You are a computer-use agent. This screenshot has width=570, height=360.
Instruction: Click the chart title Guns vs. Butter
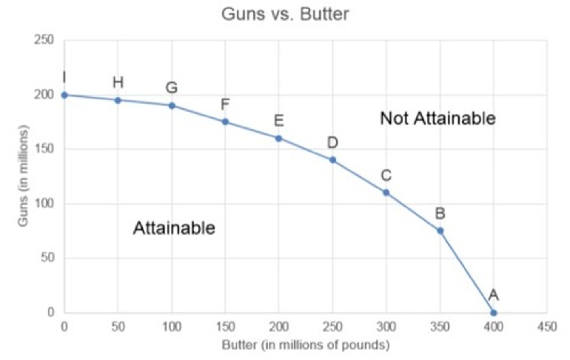(x=285, y=15)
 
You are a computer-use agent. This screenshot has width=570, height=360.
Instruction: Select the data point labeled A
(x=493, y=313)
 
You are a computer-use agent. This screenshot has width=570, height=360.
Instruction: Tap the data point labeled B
(x=440, y=231)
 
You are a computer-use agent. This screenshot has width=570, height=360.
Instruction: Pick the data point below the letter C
(x=386, y=193)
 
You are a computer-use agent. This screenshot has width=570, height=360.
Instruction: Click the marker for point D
(x=332, y=160)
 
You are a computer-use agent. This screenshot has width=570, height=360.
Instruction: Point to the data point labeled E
(x=279, y=138)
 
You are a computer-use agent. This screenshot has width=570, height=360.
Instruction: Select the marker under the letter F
(x=225, y=122)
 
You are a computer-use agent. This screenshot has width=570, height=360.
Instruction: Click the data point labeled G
(x=172, y=106)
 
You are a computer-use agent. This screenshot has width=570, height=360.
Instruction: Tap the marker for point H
(x=118, y=100)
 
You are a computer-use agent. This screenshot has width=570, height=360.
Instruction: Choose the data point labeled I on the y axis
(x=65, y=95)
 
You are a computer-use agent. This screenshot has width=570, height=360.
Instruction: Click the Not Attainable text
(x=437, y=118)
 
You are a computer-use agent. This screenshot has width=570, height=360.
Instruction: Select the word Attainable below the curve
(x=174, y=228)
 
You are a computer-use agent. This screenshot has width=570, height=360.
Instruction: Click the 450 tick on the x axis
(x=547, y=327)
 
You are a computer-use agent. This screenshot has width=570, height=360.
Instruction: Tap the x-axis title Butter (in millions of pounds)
(x=305, y=345)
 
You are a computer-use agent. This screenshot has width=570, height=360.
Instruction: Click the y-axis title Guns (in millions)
(x=23, y=176)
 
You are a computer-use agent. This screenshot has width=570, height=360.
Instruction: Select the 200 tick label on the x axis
(x=279, y=327)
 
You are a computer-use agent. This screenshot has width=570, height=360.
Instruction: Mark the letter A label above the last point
(x=493, y=295)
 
